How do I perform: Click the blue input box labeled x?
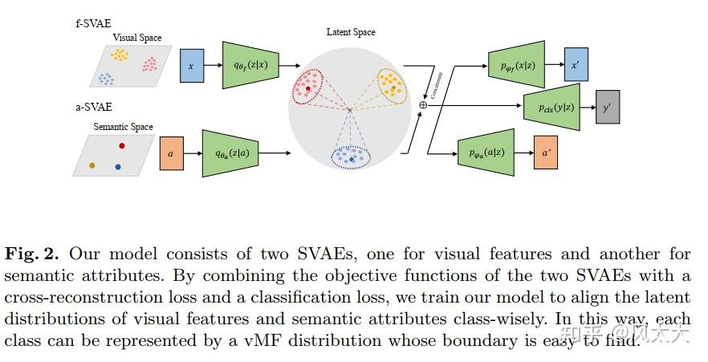(x=190, y=66)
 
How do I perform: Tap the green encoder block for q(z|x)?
(x=250, y=65)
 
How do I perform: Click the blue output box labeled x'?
(x=576, y=64)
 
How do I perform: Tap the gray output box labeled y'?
(x=607, y=107)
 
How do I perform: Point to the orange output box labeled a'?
(x=547, y=152)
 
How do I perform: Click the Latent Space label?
(x=351, y=32)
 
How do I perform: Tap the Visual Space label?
(x=136, y=37)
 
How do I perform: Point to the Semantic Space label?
(x=123, y=127)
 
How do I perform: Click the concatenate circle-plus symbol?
(x=423, y=105)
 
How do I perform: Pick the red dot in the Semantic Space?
(x=122, y=145)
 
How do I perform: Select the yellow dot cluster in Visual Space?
(x=120, y=55)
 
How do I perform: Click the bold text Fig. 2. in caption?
(x=33, y=254)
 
